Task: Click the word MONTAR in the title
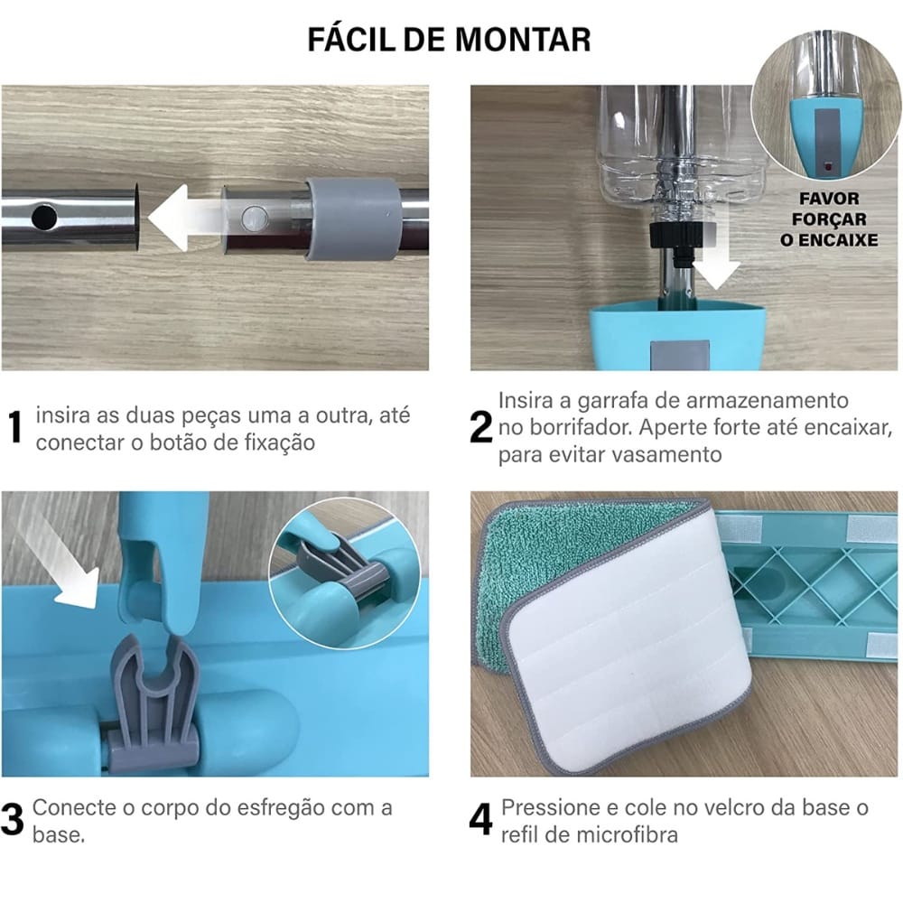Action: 522,40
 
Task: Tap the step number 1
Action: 15,427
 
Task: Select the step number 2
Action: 481,427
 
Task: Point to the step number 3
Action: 13,819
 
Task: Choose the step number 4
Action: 481,819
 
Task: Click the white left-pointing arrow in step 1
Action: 185,218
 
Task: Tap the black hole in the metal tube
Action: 44,218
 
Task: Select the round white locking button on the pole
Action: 254,219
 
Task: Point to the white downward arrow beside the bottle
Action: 715,256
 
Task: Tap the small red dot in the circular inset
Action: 827,167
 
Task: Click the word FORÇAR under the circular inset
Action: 829,219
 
